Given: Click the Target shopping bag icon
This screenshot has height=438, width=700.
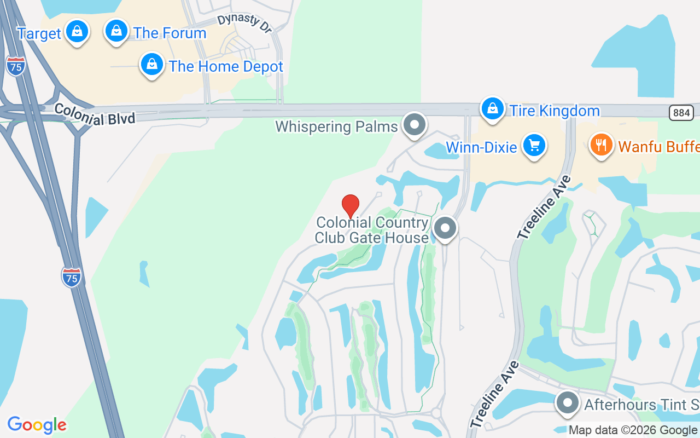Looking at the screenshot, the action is coord(77,32).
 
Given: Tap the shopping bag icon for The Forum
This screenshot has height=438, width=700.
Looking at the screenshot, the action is coord(116,31).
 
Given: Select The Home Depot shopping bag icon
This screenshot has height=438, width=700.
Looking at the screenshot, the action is coord(152,65).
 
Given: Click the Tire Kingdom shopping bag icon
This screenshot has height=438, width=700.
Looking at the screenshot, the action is coord(493,109).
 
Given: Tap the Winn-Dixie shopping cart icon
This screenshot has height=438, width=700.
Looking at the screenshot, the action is coord(534,146).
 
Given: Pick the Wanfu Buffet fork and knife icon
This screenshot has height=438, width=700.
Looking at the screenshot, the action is coord(601,145).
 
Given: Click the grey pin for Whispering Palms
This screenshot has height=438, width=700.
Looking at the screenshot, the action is coord(415,125).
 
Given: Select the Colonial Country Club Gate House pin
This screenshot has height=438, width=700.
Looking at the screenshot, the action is coord(445,228).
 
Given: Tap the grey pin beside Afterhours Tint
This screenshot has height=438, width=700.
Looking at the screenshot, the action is coord(568,404).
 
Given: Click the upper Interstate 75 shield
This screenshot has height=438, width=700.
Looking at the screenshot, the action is coord(16,66).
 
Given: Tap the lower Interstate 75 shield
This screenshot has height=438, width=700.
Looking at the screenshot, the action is coord(72,277).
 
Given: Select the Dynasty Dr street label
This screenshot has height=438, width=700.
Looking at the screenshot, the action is coord(244,24).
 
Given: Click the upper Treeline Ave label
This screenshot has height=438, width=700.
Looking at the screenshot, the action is coord(544,208).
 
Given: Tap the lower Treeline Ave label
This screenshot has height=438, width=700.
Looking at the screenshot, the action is coord(494,395).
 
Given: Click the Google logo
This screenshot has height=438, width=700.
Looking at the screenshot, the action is coord(37,425).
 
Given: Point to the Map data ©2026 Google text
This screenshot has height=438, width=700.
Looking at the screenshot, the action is coord(633,430).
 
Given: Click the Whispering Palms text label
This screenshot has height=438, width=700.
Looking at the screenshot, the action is coord(336,127).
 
